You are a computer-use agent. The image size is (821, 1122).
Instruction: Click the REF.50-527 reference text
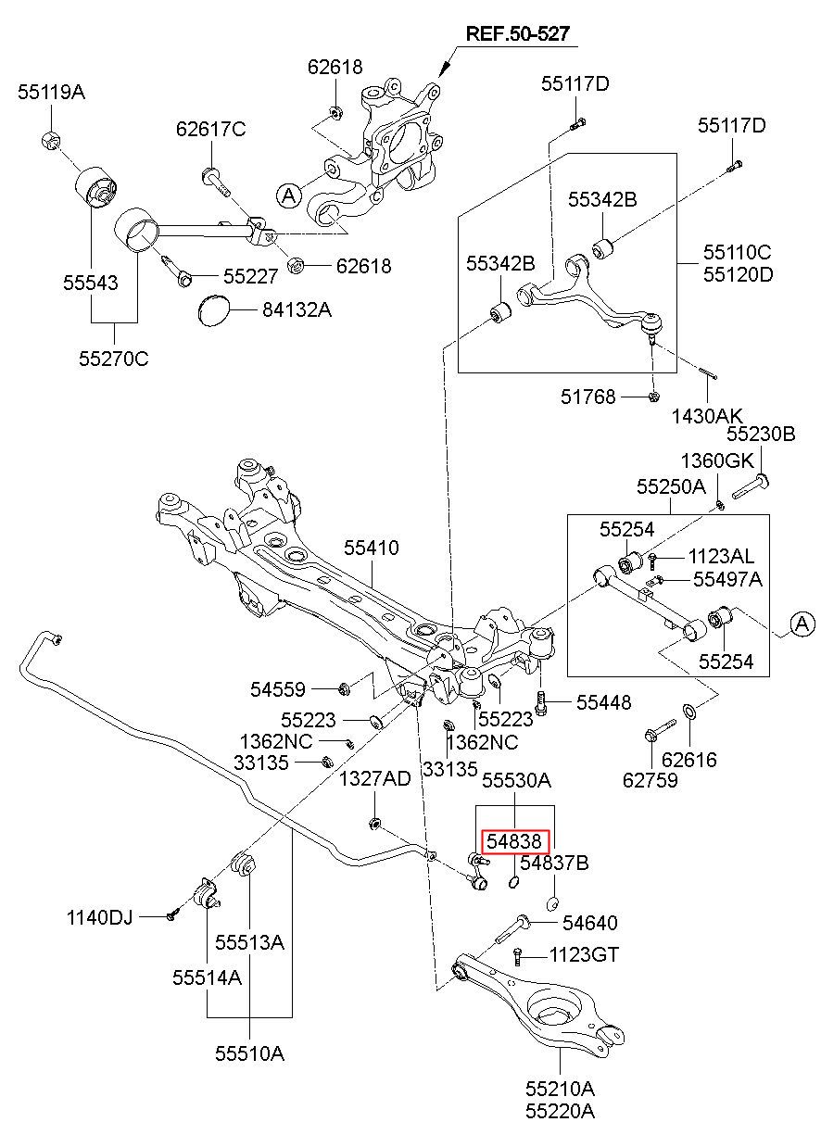[x=517, y=33]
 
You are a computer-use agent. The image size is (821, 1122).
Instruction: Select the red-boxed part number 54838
[x=515, y=841]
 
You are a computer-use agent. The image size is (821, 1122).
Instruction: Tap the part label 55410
[x=372, y=548]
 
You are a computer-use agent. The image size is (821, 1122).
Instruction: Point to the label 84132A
[x=297, y=310]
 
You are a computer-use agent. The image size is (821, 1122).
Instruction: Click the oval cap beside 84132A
[x=212, y=310]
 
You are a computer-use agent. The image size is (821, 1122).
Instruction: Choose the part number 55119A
[x=52, y=92]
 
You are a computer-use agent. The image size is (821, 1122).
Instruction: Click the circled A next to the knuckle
[x=289, y=195]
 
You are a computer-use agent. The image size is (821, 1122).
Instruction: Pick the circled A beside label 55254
[x=802, y=624]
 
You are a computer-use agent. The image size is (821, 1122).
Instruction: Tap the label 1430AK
[x=707, y=416]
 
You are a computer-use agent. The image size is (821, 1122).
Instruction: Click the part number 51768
[x=587, y=397]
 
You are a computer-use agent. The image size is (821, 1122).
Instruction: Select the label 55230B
[x=761, y=434]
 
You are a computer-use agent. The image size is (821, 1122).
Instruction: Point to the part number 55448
[x=603, y=702]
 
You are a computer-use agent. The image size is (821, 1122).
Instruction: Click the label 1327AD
[x=375, y=778]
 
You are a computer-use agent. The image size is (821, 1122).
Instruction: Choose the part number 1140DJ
[x=99, y=917]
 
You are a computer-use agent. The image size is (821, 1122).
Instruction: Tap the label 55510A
[x=249, y=1053]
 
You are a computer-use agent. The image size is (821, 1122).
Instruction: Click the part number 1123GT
[x=585, y=954]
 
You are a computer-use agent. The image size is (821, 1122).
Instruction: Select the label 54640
[x=590, y=922]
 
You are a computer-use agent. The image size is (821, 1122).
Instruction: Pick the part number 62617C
[x=211, y=129]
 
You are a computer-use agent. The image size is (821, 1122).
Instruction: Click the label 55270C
[x=114, y=359]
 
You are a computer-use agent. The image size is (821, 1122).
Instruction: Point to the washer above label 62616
[x=688, y=711]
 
